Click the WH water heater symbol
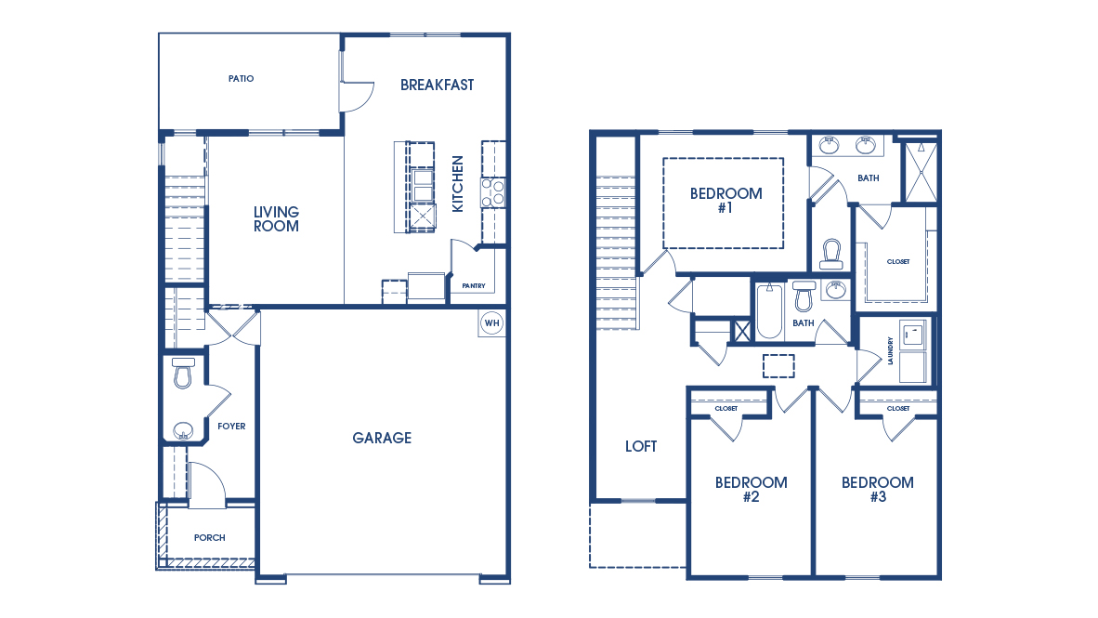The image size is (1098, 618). (491, 323)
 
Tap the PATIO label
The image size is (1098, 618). (241, 78)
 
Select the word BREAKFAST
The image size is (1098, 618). (437, 85)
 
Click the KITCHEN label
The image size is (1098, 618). (457, 184)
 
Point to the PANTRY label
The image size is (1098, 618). (474, 286)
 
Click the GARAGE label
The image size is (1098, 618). (382, 438)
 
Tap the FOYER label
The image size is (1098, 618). (231, 426)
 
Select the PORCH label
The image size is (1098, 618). (209, 537)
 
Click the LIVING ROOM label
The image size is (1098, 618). (276, 218)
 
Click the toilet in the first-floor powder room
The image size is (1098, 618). (183, 373)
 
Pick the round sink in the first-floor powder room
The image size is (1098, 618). (183, 430)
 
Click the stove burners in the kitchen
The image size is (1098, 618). (492, 192)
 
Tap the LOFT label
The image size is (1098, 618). (641, 446)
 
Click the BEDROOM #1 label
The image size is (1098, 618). (726, 201)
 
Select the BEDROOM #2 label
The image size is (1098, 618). (751, 489)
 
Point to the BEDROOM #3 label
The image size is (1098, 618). (878, 489)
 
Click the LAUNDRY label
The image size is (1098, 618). (890, 351)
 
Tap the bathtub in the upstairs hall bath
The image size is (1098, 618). (769, 311)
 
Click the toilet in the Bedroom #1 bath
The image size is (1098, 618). (831, 254)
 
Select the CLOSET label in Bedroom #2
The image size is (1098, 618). (726, 409)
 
